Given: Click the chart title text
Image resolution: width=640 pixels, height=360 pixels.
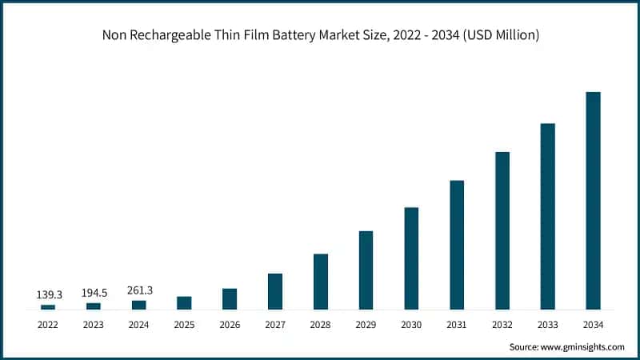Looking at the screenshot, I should [320, 34].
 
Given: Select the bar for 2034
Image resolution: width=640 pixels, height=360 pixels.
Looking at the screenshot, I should [593, 200].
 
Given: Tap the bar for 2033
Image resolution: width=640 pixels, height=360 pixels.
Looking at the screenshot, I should [547, 216].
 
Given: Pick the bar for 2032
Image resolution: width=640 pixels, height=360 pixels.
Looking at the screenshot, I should [502, 230].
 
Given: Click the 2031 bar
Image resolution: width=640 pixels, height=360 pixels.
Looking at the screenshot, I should [457, 245].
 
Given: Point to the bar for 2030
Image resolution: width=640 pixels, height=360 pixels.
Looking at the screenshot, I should [411, 258].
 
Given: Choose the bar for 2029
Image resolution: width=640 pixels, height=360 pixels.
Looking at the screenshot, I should [366, 270].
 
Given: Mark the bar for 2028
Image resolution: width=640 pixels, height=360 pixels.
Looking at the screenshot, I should [321, 282].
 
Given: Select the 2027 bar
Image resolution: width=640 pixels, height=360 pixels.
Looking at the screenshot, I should [275, 291].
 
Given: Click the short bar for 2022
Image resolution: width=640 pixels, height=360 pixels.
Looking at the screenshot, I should [48, 306].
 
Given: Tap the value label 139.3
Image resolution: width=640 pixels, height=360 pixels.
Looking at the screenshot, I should [49, 295].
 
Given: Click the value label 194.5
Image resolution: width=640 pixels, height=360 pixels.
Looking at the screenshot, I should [94, 294].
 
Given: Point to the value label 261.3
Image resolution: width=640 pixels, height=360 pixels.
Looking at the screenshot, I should [139, 290].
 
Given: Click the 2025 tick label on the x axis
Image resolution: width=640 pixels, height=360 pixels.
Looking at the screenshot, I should [184, 325].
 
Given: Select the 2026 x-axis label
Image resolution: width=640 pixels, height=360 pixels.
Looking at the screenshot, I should [230, 325].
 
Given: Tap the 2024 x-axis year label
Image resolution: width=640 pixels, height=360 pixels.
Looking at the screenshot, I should [139, 325].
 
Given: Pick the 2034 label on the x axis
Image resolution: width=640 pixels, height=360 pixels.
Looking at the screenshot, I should [593, 325].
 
